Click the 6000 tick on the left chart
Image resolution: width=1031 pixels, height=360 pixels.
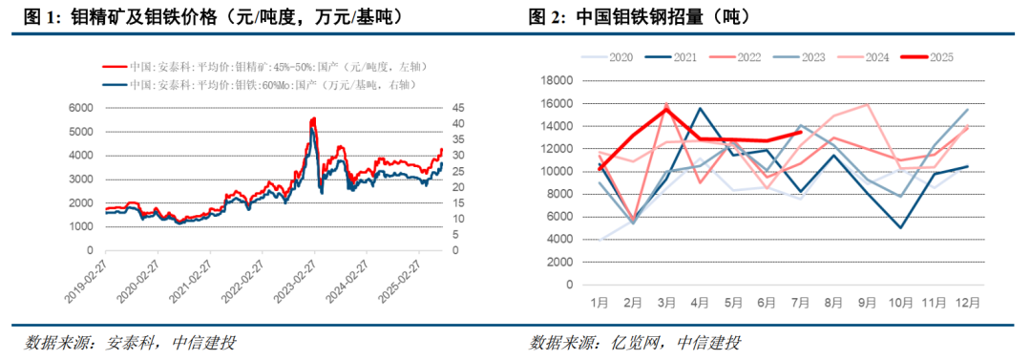pyautogui.click(x=81, y=107)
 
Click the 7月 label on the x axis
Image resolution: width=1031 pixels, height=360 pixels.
pyautogui.click(x=800, y=303)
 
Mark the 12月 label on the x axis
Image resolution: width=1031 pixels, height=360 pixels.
pyautogui.click(x=967, y=303)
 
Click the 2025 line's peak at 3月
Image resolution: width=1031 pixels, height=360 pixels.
pyautogui.click(x=666, y=109)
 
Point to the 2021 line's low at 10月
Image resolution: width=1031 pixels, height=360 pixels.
pyautogui.click(x=901, y=228)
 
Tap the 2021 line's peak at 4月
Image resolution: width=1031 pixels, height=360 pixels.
pyautogui.click(x=700, y=108)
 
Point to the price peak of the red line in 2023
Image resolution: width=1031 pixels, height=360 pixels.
pyautogui.click(x=313, y=117)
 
